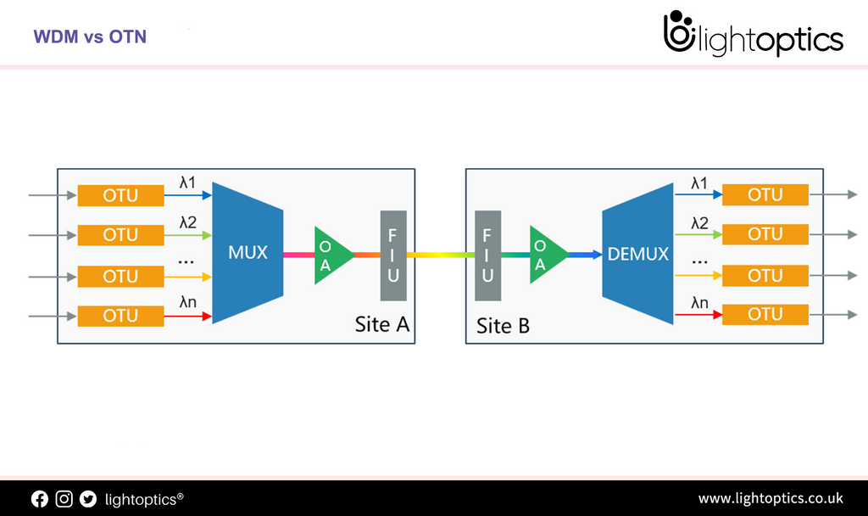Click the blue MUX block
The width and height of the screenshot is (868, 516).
[247, 253]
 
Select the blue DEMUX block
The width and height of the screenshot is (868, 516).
[637, 254]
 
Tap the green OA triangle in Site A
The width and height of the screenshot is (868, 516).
[331, 255]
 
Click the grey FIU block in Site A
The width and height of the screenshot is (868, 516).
[393, 255]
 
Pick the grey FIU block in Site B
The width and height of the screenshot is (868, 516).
[487, 255]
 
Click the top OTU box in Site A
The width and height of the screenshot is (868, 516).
[120, 195]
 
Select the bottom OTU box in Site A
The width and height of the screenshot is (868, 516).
[120, 316]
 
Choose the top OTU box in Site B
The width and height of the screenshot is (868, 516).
[765, 194]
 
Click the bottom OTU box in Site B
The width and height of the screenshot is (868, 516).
[765, 314]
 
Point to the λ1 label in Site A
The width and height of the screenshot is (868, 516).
[187, 182]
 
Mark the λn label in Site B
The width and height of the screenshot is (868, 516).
[699, 301]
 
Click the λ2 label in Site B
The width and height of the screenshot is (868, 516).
[699, 222]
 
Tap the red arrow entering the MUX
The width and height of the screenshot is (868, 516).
[187, 317]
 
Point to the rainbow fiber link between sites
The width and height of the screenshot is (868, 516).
[441, 255]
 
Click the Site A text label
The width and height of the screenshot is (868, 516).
[382, 324]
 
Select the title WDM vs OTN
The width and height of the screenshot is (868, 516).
[90, 37]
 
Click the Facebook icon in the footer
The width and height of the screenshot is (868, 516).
[40, 499]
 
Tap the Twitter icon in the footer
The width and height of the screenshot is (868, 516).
[88, 499]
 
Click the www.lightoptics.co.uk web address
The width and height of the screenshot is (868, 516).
[770, 498]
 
